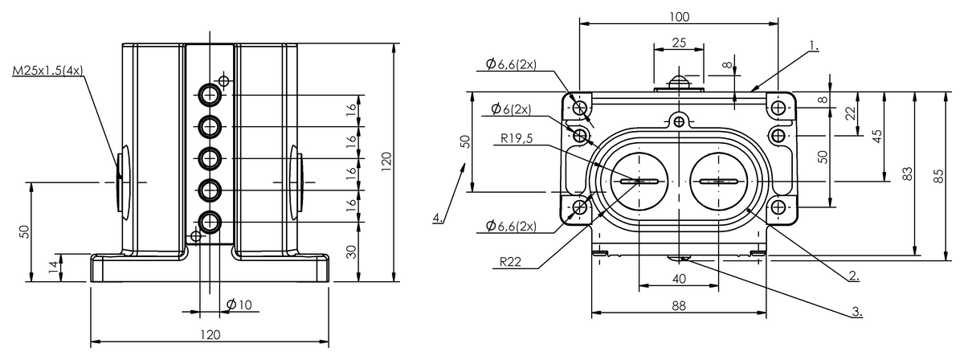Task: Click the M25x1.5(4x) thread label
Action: coord(47,71)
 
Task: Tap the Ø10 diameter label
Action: coord(239,305)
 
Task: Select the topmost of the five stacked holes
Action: coord(210,95)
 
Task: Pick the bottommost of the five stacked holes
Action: coord(210,223)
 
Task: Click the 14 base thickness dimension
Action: coord(53,268)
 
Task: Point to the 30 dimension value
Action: coord(352,252)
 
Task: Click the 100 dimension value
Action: coord(679,17)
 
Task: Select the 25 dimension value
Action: coord(679,43)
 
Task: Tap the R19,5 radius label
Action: coord(517,138)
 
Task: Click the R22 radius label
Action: coord(510,262)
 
